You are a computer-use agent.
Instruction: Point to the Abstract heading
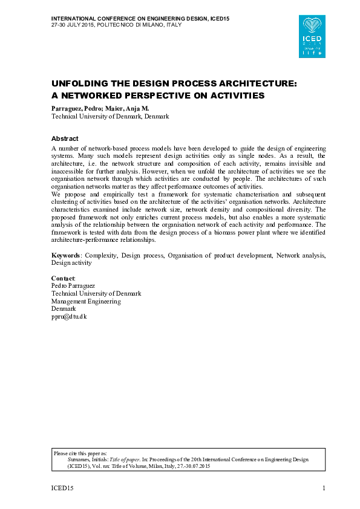65,138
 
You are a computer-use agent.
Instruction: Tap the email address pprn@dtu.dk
70,317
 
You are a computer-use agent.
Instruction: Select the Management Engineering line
86,301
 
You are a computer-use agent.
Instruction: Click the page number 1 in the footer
324,488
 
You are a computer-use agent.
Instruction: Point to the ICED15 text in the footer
61,488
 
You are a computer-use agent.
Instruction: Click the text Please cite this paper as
80,453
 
